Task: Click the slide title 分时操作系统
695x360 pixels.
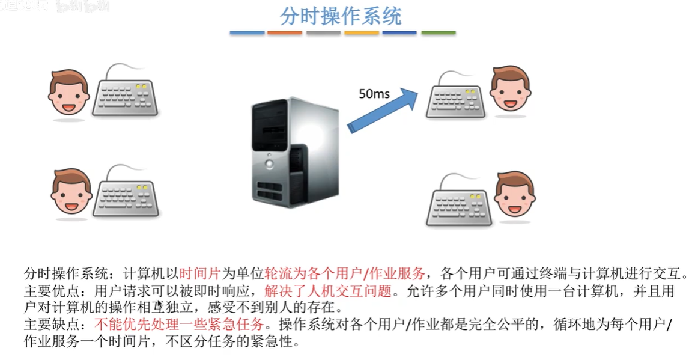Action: tap(341, 17)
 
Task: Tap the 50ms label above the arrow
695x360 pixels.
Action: tap(374, 93)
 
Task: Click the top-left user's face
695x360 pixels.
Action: tap(68, 93)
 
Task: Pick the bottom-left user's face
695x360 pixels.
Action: tap(71, 191)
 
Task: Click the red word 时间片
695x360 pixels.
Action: tap(200, 273)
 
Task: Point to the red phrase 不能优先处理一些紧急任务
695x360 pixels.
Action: tap(179, 325)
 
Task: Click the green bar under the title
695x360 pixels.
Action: tap(438, 32)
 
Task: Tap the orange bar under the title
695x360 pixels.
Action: tap(284, 32)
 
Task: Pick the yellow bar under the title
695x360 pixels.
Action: tap(362, 32)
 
